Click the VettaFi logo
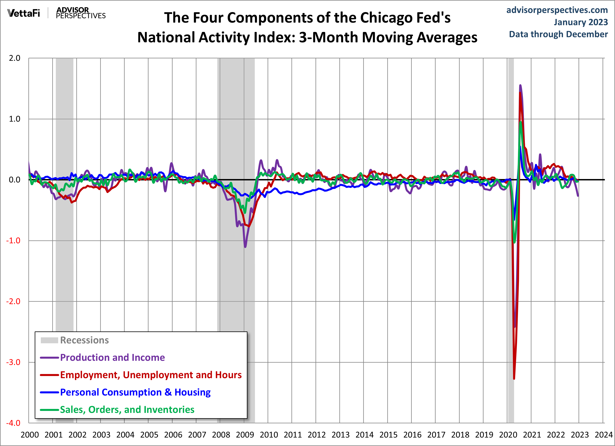(24, 13)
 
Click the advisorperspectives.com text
(557, 10)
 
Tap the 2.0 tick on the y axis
(15, 58)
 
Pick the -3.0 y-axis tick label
(13, 362)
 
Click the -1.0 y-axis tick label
(13, 241)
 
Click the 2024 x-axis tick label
(603, 435)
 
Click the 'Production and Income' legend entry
(112, 358)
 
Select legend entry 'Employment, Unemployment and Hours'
(151, 375)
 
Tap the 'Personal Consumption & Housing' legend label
(135, 392)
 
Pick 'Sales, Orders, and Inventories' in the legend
(127, 410)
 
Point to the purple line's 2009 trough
(245, 247)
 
